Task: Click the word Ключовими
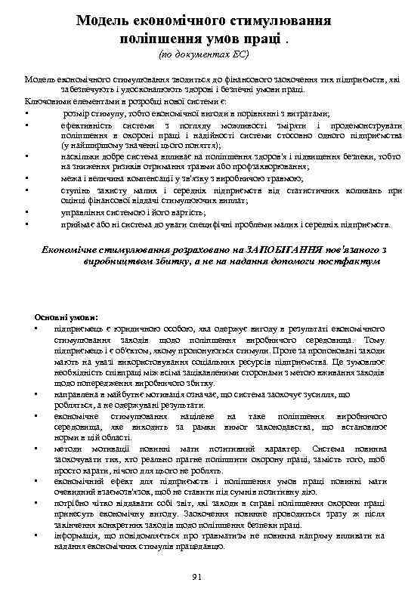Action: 46,100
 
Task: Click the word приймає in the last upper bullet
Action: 78,225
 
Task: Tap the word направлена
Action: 77,394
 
